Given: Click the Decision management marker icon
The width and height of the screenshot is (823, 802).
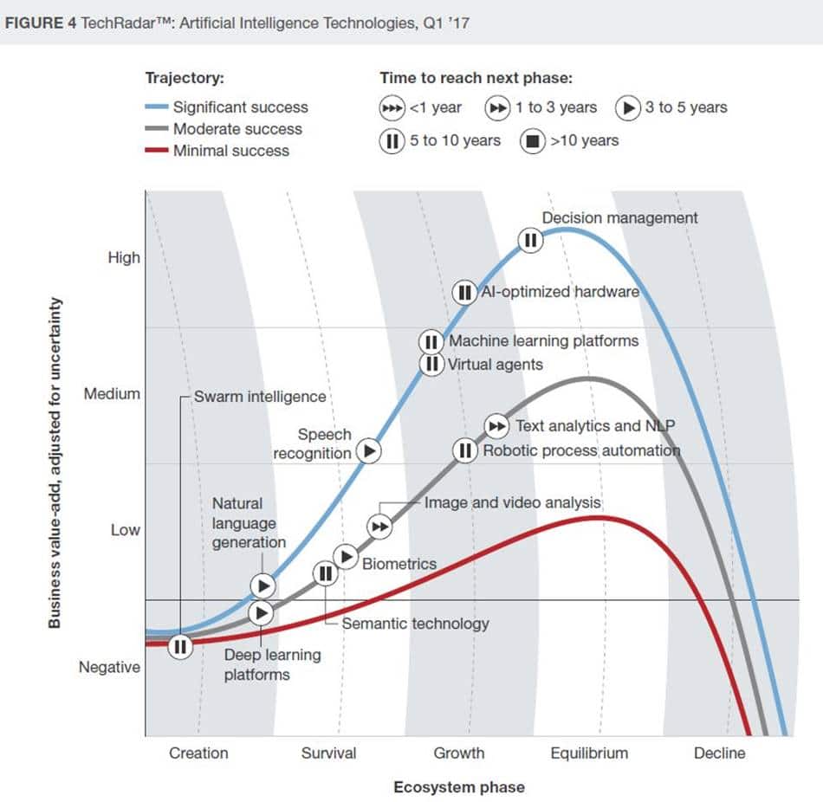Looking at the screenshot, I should coord(530,240).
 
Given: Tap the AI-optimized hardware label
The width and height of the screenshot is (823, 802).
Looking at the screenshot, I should coord(560,292).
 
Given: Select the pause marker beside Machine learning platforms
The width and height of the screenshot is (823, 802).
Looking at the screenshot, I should coord(431,341).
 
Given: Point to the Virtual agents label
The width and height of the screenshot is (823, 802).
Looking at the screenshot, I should coord(495,365).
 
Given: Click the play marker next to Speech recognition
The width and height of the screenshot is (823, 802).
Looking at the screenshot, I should coord(370,450).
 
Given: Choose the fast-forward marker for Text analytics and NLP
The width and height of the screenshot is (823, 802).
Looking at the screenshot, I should coord(496,425).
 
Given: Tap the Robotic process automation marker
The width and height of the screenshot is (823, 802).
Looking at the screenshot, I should coord(465,450).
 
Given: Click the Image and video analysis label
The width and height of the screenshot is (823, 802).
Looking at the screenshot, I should coord(512,502).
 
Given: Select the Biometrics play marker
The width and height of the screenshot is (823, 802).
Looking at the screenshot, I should coord(347,556).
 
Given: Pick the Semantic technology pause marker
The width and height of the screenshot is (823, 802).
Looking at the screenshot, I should coord(325,572).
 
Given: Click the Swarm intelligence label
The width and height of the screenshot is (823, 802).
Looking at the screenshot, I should coord(260,397).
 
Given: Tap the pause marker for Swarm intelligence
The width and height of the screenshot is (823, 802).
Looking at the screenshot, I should coord(180,646).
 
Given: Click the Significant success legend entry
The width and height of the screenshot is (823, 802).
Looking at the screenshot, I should coord(240,107).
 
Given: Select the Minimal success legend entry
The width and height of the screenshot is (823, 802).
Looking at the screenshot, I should coord(230,151).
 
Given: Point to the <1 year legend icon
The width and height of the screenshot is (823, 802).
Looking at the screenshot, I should coord(392,108).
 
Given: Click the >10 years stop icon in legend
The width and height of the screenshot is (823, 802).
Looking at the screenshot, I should coord(533,140).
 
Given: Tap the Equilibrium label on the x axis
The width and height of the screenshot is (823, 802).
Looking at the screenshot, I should coord(589,753).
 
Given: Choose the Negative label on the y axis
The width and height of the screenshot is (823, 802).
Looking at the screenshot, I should coord(109,667).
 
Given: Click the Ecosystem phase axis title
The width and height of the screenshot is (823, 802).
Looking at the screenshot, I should coord(458,787).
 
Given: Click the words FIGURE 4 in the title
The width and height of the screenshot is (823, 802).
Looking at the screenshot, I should coord(41,23).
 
